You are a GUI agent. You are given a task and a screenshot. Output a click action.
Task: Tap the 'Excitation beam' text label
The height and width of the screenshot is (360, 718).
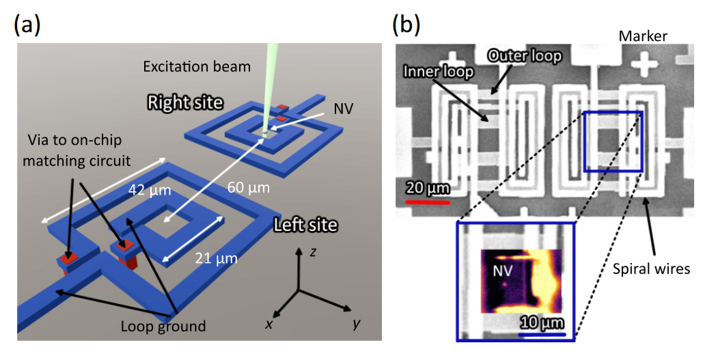coord(197,67)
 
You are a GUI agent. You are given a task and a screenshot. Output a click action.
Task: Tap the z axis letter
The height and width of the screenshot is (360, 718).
coord(312,252)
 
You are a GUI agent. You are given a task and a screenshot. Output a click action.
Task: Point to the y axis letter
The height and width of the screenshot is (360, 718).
coord(356,323)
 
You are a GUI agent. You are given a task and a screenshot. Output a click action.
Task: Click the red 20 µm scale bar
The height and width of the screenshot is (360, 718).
coord(427,202)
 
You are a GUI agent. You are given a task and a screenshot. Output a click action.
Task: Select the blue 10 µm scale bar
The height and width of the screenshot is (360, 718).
coord(542,334)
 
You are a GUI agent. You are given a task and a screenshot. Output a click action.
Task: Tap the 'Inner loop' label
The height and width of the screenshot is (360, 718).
coord(439,71)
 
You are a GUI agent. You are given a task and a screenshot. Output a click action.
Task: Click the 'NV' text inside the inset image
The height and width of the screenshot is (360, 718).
coord(503,271)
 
